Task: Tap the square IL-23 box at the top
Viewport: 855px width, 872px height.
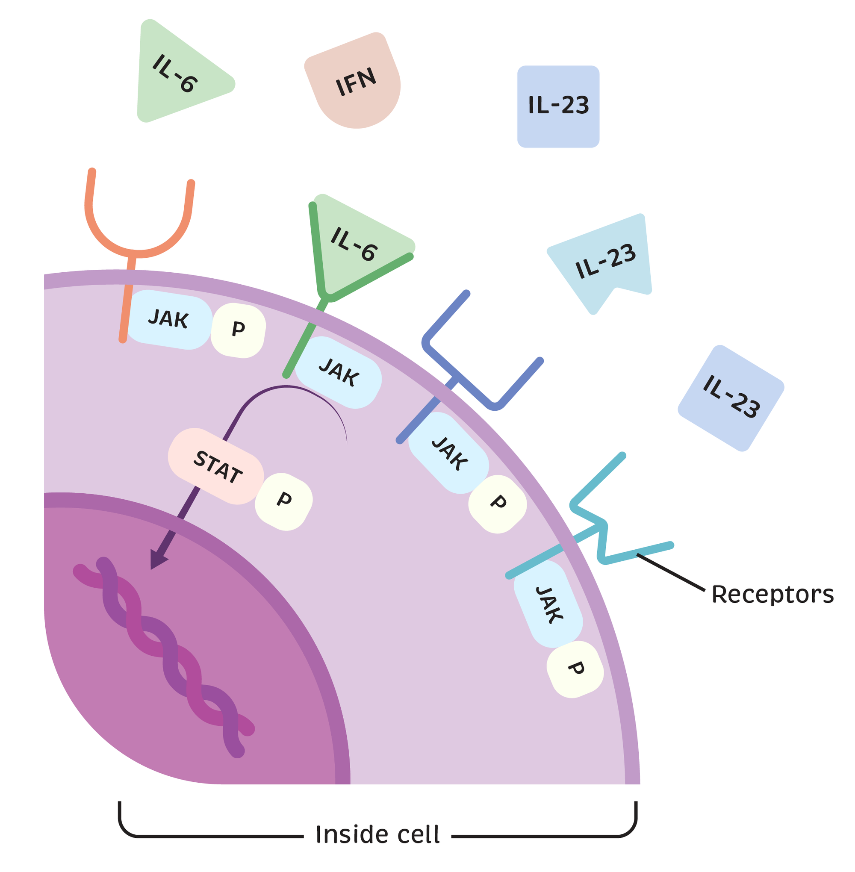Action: click(558, 106)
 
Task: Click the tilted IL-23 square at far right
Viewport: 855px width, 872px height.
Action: click(731, 399)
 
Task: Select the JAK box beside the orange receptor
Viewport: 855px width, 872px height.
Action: click(169, 319)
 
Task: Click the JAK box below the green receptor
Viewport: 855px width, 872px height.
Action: click(339, 373)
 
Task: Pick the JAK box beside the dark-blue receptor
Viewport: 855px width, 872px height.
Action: click(449, 454)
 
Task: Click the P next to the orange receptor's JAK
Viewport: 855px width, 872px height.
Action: click(238, 330)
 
